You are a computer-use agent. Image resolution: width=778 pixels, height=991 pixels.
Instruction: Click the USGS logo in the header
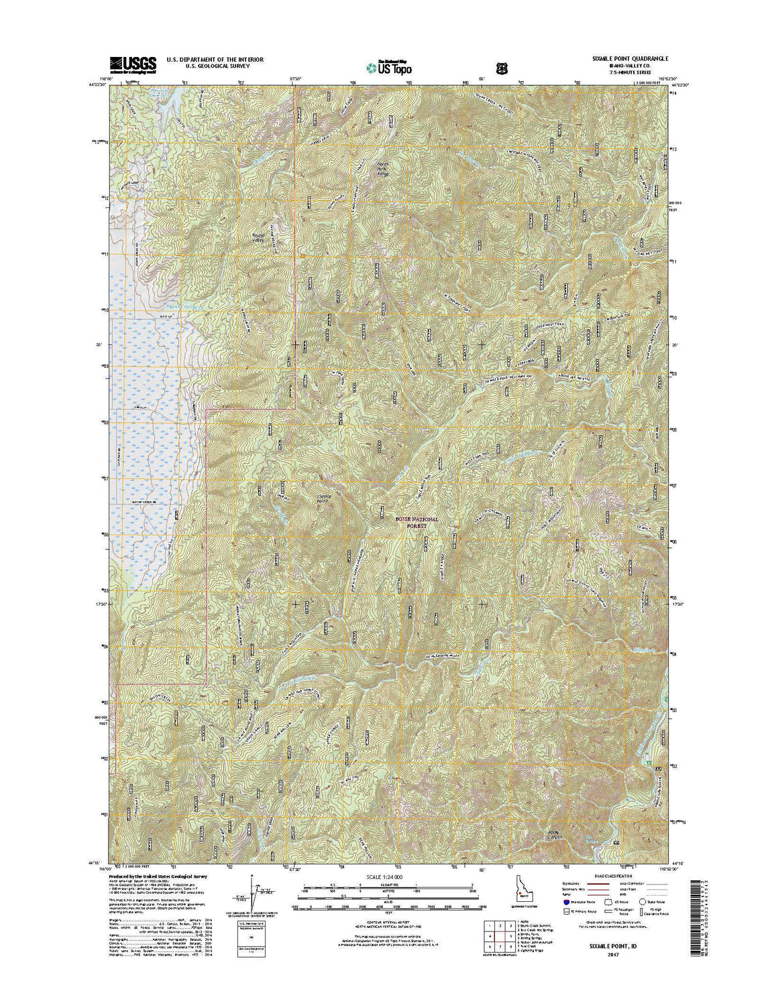click(133, 64)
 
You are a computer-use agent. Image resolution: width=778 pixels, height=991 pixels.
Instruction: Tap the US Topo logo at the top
click(389, 66)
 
